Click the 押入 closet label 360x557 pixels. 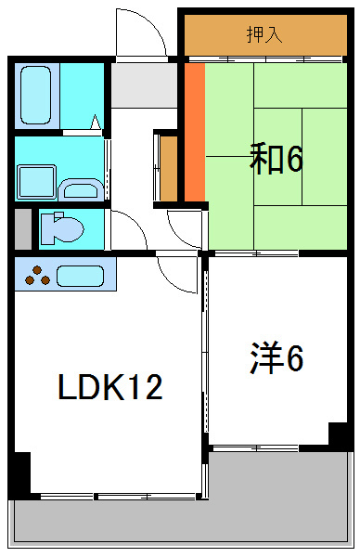(264, 35)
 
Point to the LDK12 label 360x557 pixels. (110, 386)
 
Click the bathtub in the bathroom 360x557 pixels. (38, 96)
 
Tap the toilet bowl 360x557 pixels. (60, 227)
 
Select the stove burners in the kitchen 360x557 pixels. (37, 276)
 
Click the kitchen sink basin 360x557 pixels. (80, 276)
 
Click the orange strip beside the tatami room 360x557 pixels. (194, 131)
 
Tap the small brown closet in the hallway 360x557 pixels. (169, 168)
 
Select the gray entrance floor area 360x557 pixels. (144, 86)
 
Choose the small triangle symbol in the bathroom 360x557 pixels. (95, 121)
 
